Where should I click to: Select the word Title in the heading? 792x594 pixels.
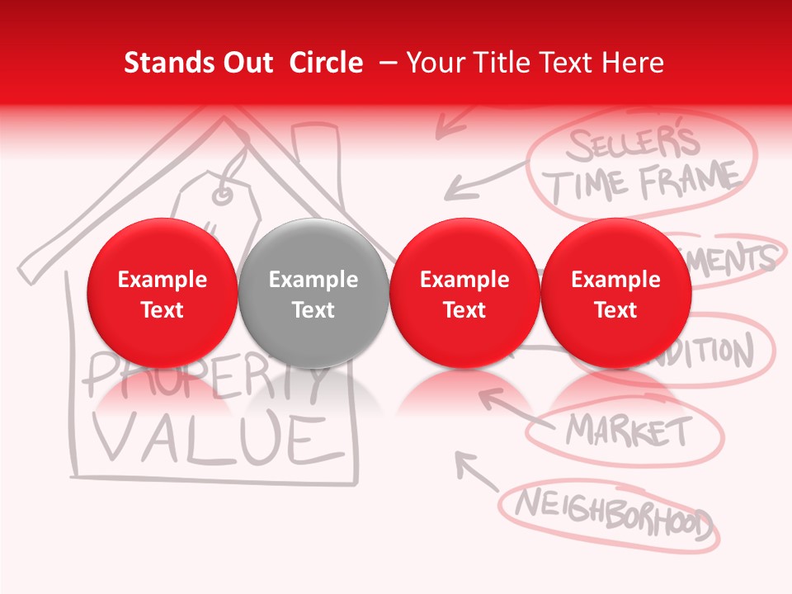click(499, 63)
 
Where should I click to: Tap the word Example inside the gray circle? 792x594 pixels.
click(313, 280)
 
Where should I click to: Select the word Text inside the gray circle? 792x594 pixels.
click(313, 310)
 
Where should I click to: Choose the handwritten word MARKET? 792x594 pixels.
click(629, 430)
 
